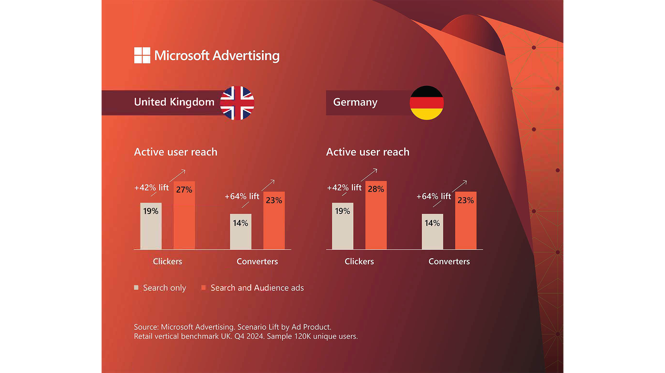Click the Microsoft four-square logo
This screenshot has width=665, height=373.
click(142, 56)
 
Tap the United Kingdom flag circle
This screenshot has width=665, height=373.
click(237, 103)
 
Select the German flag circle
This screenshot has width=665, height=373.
click(426, 103)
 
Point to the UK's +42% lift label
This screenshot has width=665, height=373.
click(151, 188)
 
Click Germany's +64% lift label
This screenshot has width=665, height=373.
click(433, 196)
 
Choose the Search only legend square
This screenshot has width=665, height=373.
click(136, 288)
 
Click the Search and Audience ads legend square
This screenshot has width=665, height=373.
click(204, 288)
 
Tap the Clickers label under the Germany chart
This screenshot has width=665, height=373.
click(359, 262)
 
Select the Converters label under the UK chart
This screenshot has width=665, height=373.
click(257, 262)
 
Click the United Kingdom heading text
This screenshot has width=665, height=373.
click(174, 102)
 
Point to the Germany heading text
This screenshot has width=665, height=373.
click(355, 102)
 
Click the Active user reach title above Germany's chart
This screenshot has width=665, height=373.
click(368, 152)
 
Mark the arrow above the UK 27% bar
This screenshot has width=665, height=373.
click(178, 176)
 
